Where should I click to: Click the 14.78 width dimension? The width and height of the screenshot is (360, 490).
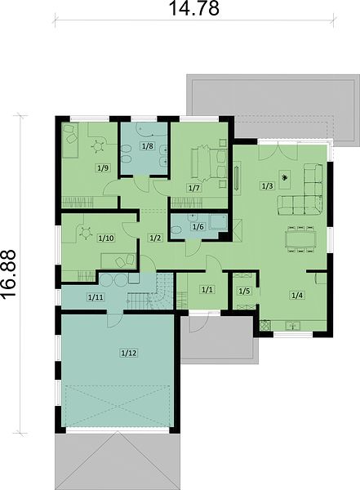(193, 8)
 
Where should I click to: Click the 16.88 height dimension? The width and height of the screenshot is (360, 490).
(8, 274)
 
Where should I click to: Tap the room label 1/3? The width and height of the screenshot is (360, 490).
(267, 186)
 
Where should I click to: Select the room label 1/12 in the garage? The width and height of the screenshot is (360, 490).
(128, 353)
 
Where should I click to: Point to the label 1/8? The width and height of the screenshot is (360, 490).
(148, 145)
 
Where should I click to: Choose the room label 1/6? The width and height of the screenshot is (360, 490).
(198, 226)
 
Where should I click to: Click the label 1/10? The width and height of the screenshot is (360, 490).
(106, 238)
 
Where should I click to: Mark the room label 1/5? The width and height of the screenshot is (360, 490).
(244, 292)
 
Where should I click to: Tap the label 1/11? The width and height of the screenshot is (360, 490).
(96, 297)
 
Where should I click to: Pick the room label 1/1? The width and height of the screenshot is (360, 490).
(207, 290)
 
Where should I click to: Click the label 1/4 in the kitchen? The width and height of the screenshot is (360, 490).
(297, 295)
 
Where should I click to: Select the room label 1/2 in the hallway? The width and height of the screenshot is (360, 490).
(155, 238)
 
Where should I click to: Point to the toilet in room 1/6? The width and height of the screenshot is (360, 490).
(176, 230)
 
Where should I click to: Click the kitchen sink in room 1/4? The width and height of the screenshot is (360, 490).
(292, 326)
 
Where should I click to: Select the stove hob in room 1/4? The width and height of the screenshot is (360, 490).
(264, 325)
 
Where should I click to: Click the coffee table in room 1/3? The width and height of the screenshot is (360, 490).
(285, 179)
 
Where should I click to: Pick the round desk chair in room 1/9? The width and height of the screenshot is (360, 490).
(98, 146)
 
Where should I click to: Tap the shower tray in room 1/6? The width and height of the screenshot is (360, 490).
(217, 222)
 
